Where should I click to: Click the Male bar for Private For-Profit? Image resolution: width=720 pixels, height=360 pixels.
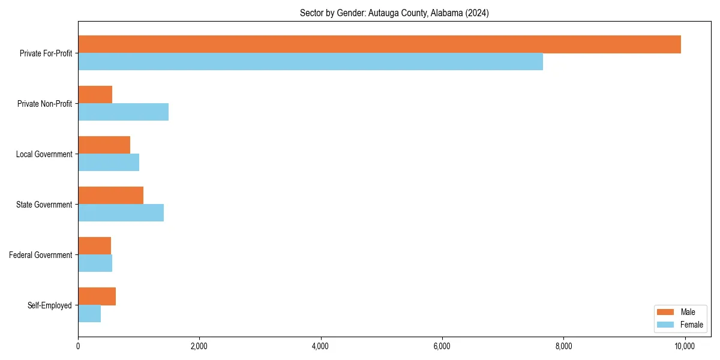(x=379, y=44)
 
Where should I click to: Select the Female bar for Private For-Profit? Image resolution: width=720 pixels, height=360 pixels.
(x=310, y=62)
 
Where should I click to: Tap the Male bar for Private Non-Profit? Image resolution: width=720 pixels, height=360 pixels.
(x=95, y=95)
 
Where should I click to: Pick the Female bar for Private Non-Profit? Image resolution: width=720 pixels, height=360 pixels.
(x=123, y=112)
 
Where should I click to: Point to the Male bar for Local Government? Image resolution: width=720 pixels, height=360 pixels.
(x=104, y=145)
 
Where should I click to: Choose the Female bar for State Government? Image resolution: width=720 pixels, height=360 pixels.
(x=121, y=213)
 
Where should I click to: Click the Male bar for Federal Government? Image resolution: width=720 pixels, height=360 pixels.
(x=94, y=246)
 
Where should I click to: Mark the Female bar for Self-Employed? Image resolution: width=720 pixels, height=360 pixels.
(x=89, y=314)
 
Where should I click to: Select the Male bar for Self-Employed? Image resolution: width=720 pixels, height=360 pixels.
(x=97, y=296)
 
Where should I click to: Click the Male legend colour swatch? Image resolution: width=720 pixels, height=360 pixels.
(x=665, y=312)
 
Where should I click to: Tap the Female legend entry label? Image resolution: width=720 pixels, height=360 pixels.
(x=691, y=325)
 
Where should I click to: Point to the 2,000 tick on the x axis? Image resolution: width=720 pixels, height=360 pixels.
(x=199, y=346)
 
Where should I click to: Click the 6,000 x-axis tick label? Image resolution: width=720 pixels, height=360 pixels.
(x=442, y=346)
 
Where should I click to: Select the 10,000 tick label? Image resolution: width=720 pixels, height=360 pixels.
(x=685, y=346)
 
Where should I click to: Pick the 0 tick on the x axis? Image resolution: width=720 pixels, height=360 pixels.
(x=78, y=346)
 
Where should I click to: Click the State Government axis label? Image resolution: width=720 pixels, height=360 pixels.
(x=44, y=205)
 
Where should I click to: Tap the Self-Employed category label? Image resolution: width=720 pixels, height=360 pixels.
(x=49, y=305)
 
